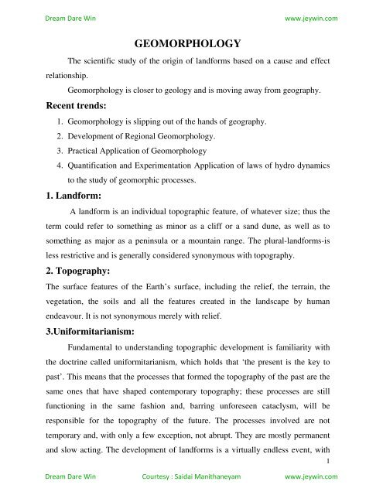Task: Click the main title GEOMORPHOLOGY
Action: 191,45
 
